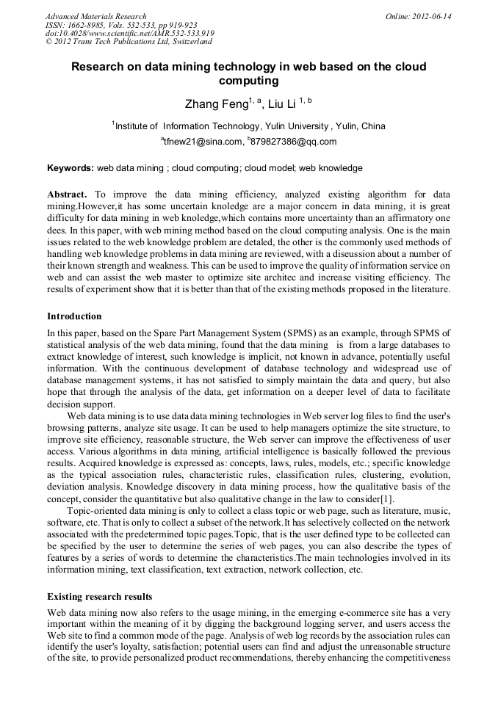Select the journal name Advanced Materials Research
[x=95, y=16]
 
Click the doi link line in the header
[x=129, y=34]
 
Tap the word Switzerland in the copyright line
[x=184, y=43]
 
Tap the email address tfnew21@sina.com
[x=203, y=142]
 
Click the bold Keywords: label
[x=71, y=168]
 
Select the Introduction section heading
[x=74, y=316]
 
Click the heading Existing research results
[x=99, y=597]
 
